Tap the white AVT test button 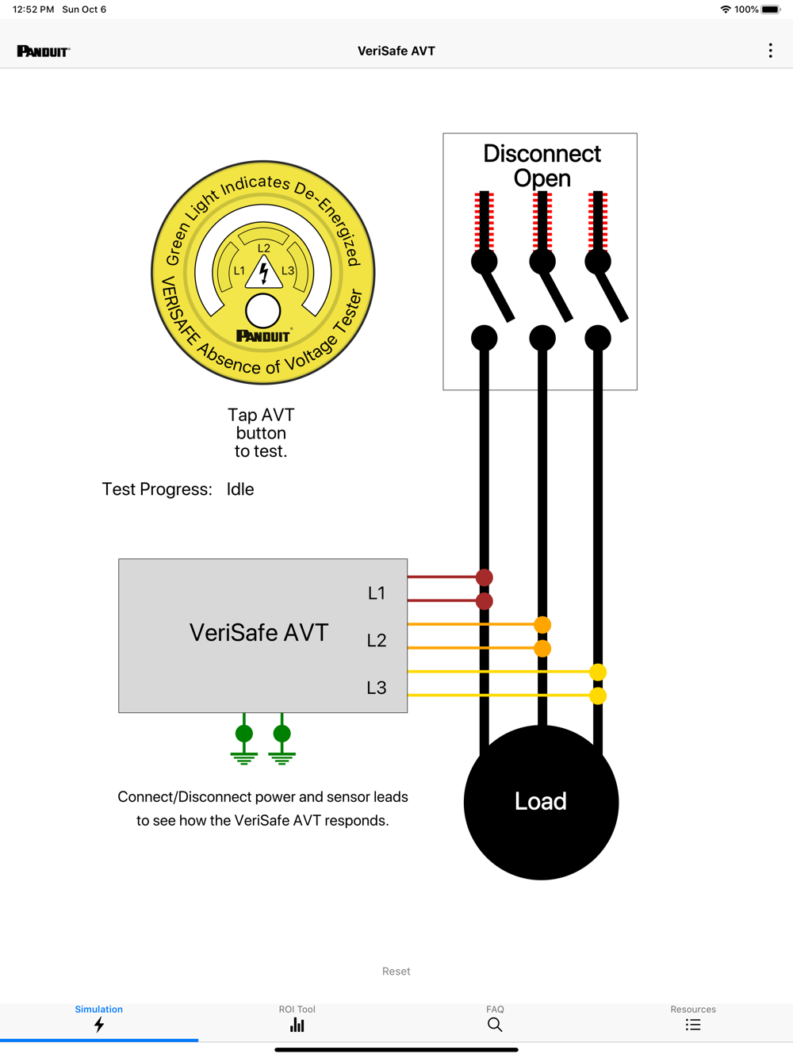263,311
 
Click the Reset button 396,972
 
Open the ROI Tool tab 297,1019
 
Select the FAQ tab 495,1019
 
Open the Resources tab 693,1019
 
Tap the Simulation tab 99,1019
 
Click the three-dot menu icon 770,51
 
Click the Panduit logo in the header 44,52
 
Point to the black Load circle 541,802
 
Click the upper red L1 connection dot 485,577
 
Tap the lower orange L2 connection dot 542,649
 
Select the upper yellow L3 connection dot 598,672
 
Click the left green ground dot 244,734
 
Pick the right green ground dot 282,734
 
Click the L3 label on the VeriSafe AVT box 377,688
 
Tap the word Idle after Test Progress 240,489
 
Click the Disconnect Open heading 542,165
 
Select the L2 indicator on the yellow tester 264,248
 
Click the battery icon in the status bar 771,10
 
